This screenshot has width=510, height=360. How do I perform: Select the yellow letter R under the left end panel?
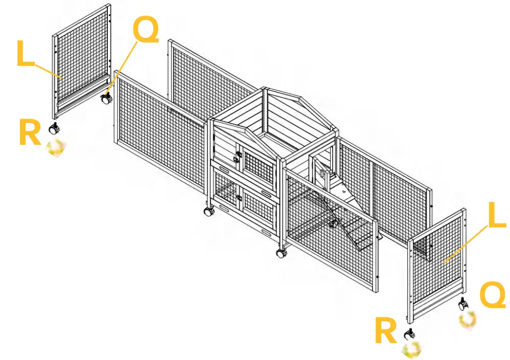pyautogui.click(x=30, y=132)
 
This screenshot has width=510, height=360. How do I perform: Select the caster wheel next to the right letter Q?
pyautogui.click(x=462, y=304)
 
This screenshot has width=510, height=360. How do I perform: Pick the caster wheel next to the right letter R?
pyautogui.click(x=409, y=334)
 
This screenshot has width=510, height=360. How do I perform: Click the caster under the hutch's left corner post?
pyautogui.click(x=208, y=210)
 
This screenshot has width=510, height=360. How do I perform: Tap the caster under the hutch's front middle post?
pyautogui.click(x=281, y=252)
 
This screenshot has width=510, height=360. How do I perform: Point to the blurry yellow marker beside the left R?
pyautogui.click(x=56, y=148)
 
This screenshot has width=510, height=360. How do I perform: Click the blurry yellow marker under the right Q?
pyautogui.click(x=468, y=320)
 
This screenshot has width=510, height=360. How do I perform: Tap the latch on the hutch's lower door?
pyautogui.click(x=238, y=197)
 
